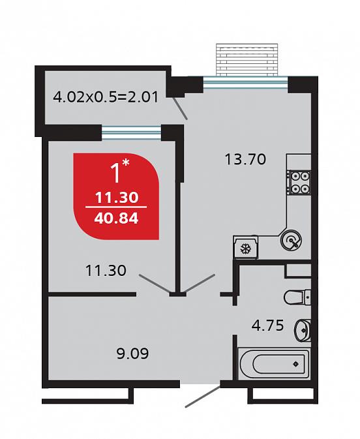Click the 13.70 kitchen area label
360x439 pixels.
[245, 159]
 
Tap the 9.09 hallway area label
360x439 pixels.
[132, 354]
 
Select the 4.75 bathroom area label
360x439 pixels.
[267, 325]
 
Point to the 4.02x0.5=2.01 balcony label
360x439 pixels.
[106, 97]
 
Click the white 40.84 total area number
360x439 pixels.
[116, 218]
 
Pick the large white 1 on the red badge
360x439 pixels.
[117, 173]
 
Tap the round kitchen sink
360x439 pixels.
[291, 240]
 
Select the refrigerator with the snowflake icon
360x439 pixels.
[245, 247]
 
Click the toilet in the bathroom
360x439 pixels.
[297, 297]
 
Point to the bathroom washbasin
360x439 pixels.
[303, 330]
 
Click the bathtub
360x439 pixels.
[274, 364]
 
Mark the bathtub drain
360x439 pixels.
[296, 364]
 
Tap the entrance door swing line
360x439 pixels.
[203, 397]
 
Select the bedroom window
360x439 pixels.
[132, 132]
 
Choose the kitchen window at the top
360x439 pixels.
[245, 82]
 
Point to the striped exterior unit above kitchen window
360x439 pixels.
[247, 60]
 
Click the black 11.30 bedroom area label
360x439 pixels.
[106, 271]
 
